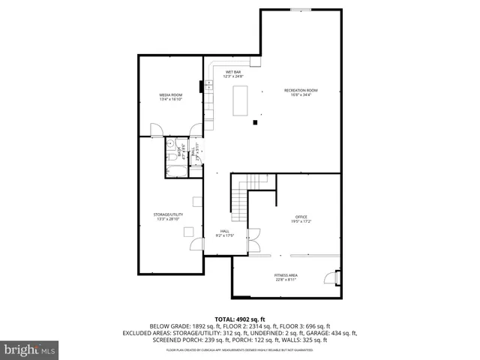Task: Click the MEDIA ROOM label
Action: point(170,97)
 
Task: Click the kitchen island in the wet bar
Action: point(240,100)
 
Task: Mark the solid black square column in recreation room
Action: point(256,121)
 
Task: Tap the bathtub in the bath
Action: point(178,170)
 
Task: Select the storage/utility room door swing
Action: point(196,244)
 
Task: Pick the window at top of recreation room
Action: point(301,10)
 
